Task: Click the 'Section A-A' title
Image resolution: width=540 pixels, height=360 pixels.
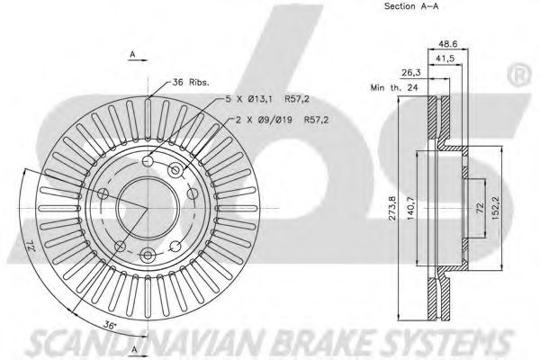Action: tap(411, 6)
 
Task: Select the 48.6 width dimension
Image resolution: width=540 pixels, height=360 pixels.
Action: tap(447, 44)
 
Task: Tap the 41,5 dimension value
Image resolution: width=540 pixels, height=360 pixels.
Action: tap(445, 58)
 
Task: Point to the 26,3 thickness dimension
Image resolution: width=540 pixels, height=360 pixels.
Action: tap(411, 72)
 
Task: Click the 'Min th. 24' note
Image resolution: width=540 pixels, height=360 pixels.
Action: tap(394, 87)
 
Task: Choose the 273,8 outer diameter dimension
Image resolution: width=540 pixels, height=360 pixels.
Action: tap(392, 209)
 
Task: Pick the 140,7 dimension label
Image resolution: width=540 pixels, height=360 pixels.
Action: tap(411, 209)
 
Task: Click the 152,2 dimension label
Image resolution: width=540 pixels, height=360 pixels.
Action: tap(497, 208)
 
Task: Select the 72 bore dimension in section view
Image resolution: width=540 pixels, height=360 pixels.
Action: tap(480, 208)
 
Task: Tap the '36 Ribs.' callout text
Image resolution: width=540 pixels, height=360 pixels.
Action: tap(191, 82)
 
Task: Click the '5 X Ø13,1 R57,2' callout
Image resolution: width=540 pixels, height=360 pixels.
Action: tap(267, 99)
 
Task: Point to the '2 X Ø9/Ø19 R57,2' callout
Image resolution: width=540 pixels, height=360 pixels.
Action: tap(282, 120)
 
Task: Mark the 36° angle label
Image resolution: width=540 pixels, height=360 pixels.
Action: tap(109, 325)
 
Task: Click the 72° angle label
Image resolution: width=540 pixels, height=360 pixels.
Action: tap(31, 246)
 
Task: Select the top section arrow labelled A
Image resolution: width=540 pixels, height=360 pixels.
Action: tap(138, 57)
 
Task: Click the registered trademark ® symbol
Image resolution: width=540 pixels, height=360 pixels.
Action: tap(518, 76)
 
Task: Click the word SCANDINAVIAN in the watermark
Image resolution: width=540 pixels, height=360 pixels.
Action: tap(148, 343)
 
